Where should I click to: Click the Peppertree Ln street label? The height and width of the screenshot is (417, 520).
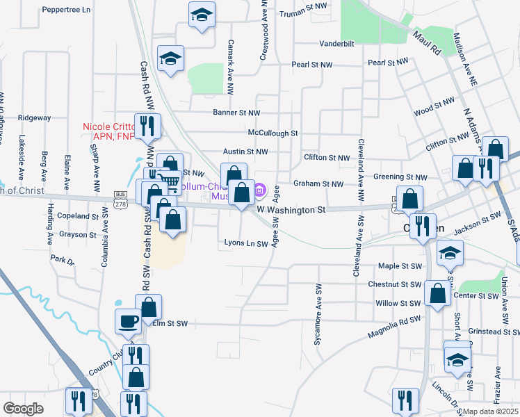pos(67,10)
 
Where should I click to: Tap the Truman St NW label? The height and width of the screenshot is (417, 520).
pos(303,13)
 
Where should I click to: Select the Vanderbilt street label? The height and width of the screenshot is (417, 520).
pos(337,43)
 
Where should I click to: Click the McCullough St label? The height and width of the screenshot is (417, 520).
pos(273,133)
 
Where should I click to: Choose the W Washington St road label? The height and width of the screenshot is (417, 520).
pos(291,209)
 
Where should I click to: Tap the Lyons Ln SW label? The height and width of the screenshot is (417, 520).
pos(246,243)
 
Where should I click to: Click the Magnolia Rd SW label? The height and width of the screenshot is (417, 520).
pos(396,320)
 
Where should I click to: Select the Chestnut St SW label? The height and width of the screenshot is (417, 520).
pos(396,284)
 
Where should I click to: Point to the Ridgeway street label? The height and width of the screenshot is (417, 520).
pos(35,117)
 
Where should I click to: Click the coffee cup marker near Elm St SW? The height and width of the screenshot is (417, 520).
pos(128,321)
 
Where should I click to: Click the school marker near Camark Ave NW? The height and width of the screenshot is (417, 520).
pos(202,15)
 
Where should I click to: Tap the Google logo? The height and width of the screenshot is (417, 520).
pos(23,409)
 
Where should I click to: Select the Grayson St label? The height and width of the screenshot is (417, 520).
pos(77,235)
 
